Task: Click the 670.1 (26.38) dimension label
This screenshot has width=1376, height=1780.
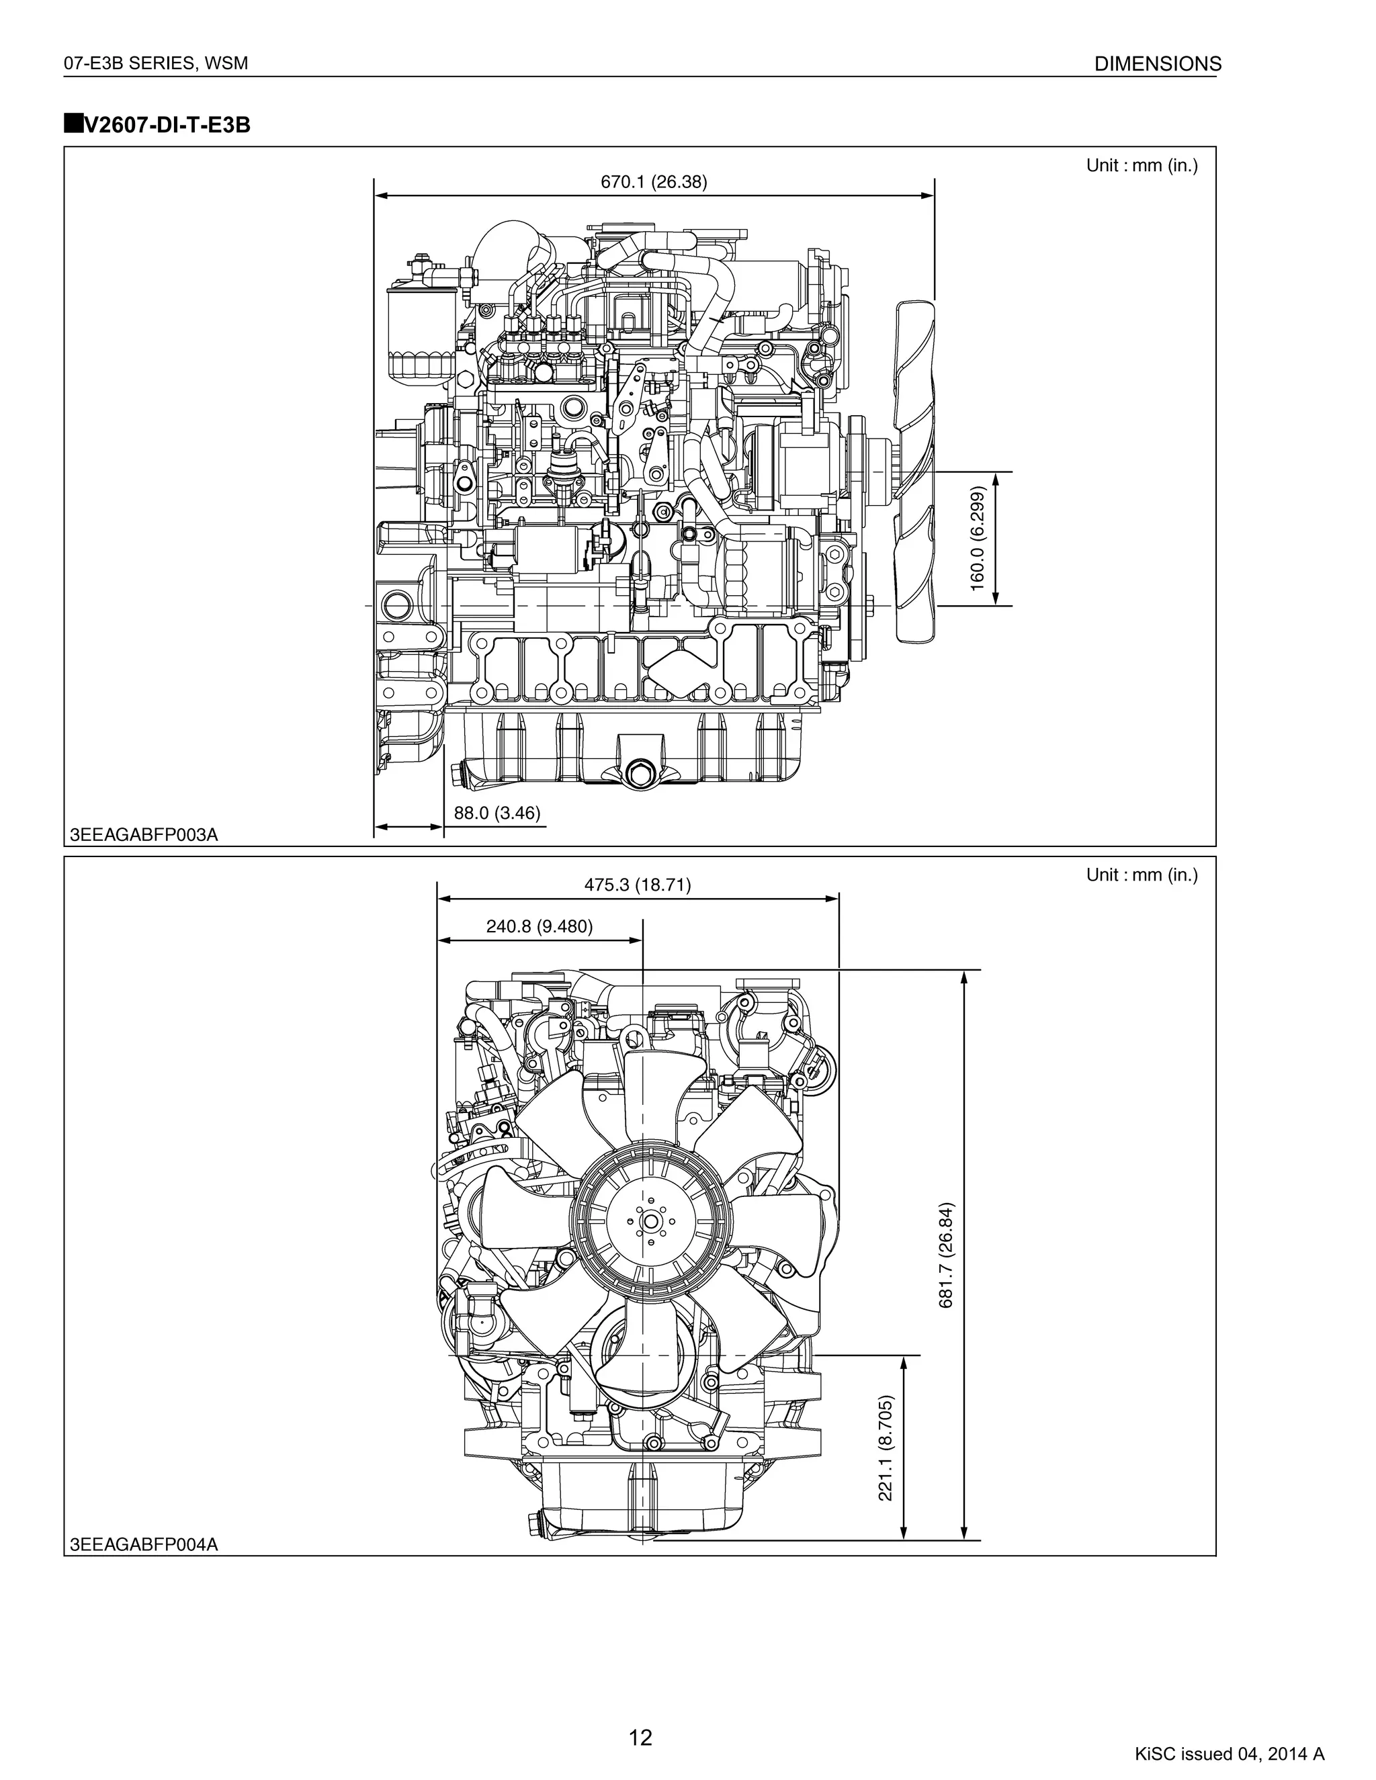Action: (x=654, y=182)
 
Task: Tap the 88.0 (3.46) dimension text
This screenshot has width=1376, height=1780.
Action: (x=497, y=813)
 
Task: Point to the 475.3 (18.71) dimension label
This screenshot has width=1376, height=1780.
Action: (x=638, y=885)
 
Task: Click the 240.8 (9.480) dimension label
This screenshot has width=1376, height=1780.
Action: (x=539, y=926)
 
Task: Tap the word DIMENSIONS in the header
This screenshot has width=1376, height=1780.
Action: (x=1158, y=64)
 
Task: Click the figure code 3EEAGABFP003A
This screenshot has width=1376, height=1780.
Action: (x=144, y=836)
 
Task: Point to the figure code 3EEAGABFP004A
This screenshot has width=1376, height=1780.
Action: (x=144, y=1544)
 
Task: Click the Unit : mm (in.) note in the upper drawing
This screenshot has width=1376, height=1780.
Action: (x=1142, y=165)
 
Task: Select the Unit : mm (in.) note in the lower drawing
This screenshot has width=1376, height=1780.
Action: (x=1142, y=875)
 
